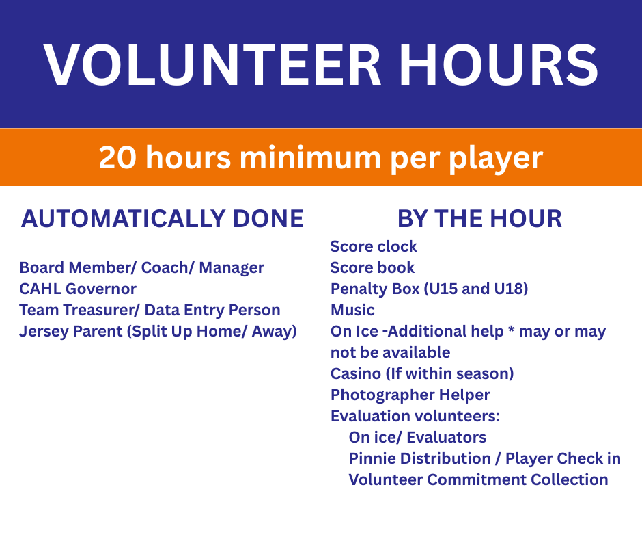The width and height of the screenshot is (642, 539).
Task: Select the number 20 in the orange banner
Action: (118, 158)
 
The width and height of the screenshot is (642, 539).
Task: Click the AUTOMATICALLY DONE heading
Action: (163, 218)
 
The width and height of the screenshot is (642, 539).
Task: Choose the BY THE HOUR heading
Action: (479, 218)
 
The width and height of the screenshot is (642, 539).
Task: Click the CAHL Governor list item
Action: (78, 289)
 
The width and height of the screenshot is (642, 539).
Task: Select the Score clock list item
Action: (374, 246)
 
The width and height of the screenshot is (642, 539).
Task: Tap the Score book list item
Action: (372, 267)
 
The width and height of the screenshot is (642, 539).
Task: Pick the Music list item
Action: (352, 310)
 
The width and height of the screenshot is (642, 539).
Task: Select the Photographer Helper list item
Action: (410, 395)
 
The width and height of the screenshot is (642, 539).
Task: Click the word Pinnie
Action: (373, 458)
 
